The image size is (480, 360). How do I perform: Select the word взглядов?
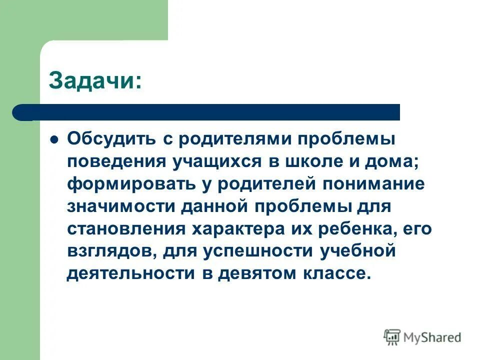[106, 251]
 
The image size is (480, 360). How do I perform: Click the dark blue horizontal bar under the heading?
[210, 112]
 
